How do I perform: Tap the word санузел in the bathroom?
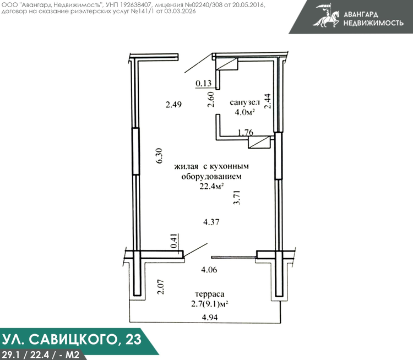pos(244,102)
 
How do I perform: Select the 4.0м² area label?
pos(244,112)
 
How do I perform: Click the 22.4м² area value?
pos(211,187)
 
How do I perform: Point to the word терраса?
pos(210,294)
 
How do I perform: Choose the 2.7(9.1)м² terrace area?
pos(210,304)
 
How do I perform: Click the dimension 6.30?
pos(160,156)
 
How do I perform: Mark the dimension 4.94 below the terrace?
pos(210,317)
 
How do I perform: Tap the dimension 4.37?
pos(211,222)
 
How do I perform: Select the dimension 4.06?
pos(209,270)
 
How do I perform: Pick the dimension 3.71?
pos(237,198)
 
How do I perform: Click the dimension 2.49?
pos(173,105)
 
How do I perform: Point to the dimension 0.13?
pos(204,83)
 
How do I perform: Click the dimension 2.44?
pos(267,101)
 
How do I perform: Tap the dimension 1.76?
pos(246,132)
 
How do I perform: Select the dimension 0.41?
pos(175,241)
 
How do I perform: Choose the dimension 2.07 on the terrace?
pos(160,287)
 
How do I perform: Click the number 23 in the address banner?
pos(133,339)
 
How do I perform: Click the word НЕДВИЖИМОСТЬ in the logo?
pos(373,23)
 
